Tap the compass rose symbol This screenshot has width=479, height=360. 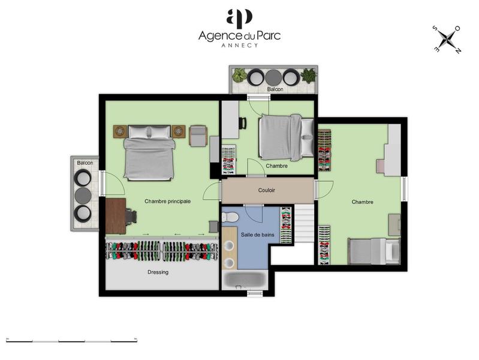pyautogui.click(x=447, y=39)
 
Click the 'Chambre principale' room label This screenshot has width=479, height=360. pyautogui.click(x=167, y=202)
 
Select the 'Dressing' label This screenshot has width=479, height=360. pyautogui.click(x=158, y=272)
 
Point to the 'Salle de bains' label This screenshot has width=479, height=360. pyautogui.click(x=258, y=235)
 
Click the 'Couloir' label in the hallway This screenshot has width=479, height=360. pyautogui.click(x=267, y=190)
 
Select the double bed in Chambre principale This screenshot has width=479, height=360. pyautogui.click(x=149, y=154)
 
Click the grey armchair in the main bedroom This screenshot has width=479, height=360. pyautogui.click(x=198, y=136)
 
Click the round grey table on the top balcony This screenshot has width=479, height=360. pyautogui.click(x=273, y=77)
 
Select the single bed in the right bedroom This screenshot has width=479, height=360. pyautogui.click(x=373, y=251)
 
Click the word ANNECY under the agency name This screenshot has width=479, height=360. pyautogui.click(x=239, y=46)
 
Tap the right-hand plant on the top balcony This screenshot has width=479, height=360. pyautogui.click(x=308, y=76)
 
